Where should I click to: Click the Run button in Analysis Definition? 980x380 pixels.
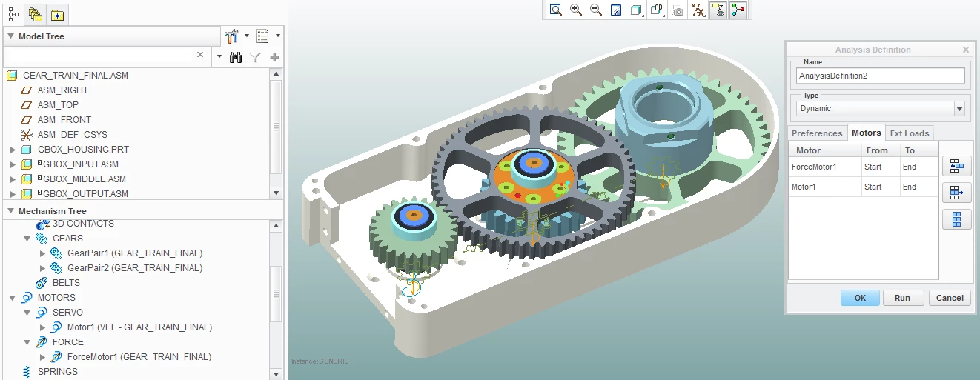[903, 298]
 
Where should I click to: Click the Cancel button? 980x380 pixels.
[950, 298]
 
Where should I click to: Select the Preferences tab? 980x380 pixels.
[817, 133]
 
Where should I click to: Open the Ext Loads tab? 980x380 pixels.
[909, 133]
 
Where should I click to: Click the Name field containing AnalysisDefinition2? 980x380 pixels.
[880, 76]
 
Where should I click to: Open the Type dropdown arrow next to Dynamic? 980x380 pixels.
[959, 108]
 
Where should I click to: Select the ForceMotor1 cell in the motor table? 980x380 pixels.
[814, 167]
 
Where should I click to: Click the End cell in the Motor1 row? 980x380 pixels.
[909, 187]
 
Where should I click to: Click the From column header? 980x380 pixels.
[877, 150]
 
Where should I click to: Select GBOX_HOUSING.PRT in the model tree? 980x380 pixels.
[83, 150]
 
